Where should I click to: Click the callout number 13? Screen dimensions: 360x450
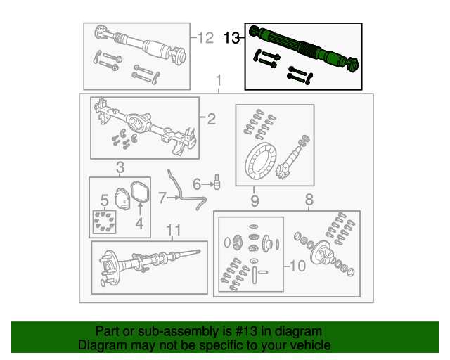pyautogui.click(x=231, y=38)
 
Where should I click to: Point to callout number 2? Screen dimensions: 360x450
pyautogui.click(x=210, y=119)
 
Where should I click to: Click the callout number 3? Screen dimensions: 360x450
pyautogui.click(x=120, y=168)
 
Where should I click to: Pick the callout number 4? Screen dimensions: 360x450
pyautogui.click(x=139, y=224)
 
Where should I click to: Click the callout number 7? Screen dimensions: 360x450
pyautogui.click(x=162, y=198)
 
